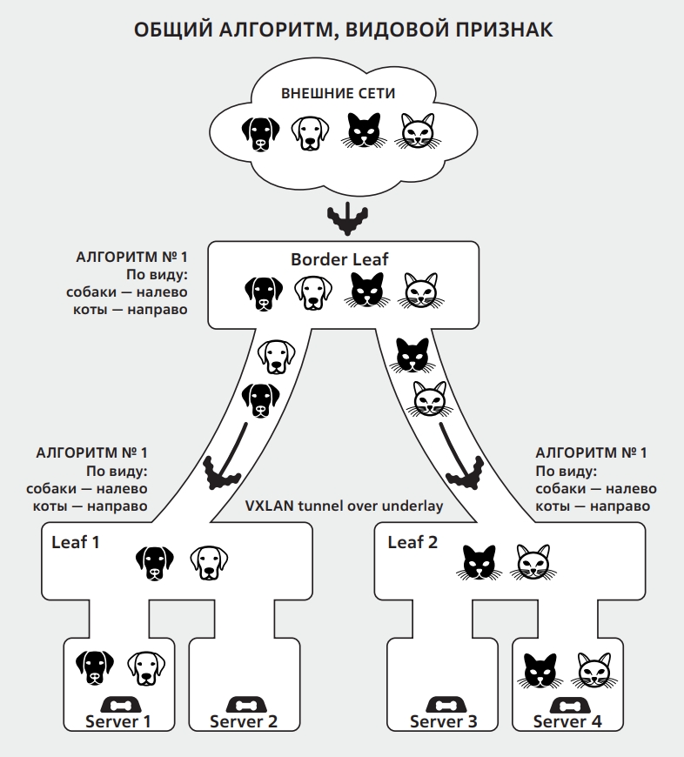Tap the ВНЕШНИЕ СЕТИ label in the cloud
point(338,93)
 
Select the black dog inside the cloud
point(260,134)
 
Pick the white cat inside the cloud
point(418,131)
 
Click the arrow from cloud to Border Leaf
point(347,218)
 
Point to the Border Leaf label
point(339,259)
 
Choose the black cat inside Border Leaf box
point(367,290)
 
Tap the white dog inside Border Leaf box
point(313,292)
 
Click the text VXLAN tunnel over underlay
point(344,506)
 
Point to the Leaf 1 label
point(76,542)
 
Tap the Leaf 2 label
point(412,542)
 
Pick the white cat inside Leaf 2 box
point(533,562)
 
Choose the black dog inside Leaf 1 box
point(155,563)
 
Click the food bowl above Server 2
point(244,706)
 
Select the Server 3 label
point(443,721)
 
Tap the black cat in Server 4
point(540,671)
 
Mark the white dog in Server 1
point(146,668)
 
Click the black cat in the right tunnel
point(412,355)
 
